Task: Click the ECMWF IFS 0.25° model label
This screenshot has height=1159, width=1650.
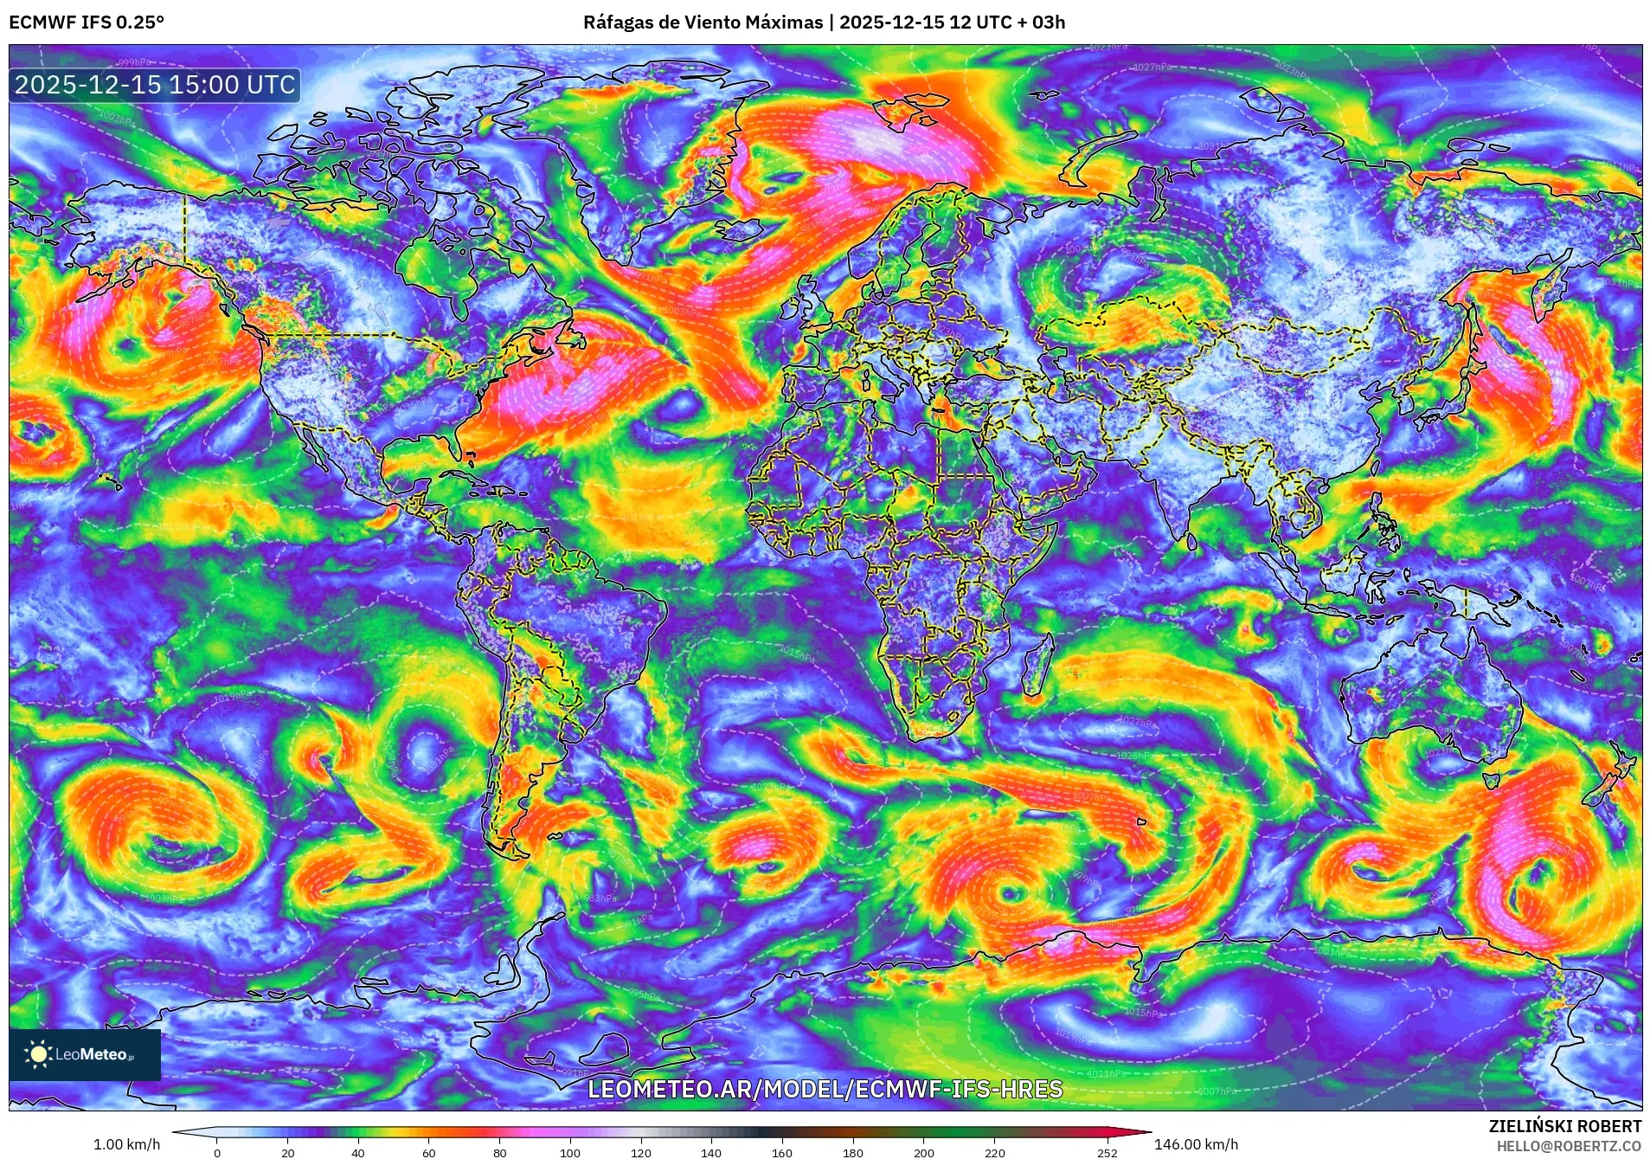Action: pos(87,23)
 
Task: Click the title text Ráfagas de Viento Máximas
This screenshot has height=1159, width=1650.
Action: pos(703,23)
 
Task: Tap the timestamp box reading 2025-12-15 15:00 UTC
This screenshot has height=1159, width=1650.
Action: pos(155,85)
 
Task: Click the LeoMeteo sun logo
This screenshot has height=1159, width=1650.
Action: pos(38,1053)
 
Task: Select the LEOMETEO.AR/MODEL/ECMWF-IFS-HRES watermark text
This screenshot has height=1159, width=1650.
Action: pos(825,1089)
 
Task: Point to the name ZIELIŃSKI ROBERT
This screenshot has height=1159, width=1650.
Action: pos(1564,1126)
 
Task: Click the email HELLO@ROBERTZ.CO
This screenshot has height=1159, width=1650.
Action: pos(1569,1146)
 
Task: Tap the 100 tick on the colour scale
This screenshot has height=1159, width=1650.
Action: pos(569,1152)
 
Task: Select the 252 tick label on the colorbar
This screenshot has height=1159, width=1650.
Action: pos(1107,1152)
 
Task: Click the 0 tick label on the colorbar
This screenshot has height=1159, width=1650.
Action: pos(217,1152)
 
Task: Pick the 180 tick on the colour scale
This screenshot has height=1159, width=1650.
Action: pos(852,1152)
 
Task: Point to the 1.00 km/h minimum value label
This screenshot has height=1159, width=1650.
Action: pos(126,1144)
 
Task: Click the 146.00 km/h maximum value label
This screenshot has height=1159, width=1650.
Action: pos(1196,1144)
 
